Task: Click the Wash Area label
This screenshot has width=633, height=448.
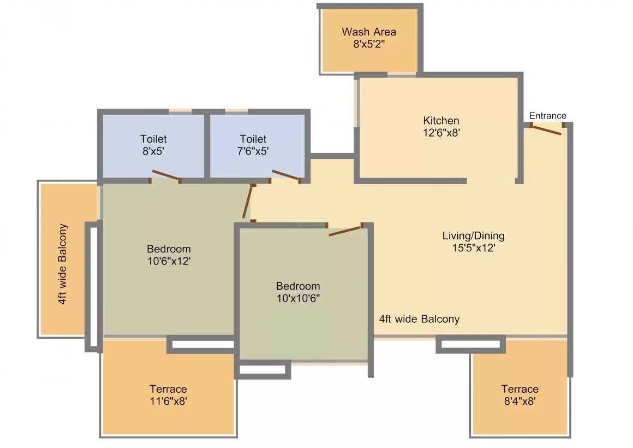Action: (x=369, y=32)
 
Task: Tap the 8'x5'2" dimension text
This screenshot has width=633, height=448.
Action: (x=369, y=44)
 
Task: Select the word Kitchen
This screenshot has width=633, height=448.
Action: (x=441, y=120)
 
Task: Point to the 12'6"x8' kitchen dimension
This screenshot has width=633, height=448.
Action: (x=441, y=133)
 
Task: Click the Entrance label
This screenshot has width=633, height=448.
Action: (x=547, y=116)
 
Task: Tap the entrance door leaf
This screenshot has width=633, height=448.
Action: (x=547, y=131)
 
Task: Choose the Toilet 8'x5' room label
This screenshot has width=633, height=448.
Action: (x=153, y=139)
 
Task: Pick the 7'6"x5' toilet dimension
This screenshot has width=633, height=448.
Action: (x=253, y=151)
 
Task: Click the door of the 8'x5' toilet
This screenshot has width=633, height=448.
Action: (x=165, y=175)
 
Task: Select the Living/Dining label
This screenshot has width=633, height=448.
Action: (x=473, y=236)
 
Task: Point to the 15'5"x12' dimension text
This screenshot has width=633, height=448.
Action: (x=473, y=248)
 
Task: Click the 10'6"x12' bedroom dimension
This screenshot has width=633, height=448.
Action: (x=169, y=261)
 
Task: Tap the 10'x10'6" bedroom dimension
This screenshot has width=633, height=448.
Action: (x=297, y=298)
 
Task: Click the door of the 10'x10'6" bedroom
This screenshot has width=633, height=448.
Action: (x=345, y=230)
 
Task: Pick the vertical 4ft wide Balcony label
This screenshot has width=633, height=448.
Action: (x=63, y=264)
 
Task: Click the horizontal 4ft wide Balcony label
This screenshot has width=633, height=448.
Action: (x=419, y=319)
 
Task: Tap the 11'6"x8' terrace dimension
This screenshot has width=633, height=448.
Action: (x=168, y=402)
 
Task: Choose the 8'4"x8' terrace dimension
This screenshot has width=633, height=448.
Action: (x=519, y=402)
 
